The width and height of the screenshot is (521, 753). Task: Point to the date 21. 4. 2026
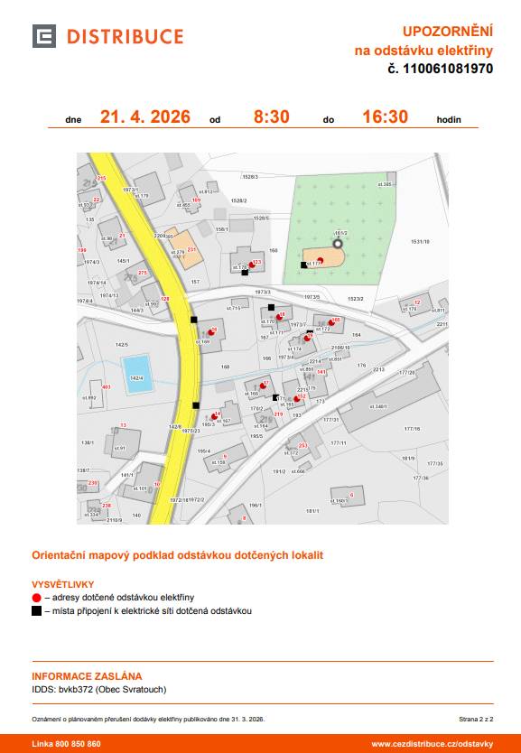point(144,116)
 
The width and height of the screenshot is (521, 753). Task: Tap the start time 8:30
point(271,116)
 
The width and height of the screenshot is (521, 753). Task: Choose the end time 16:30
point(385,116)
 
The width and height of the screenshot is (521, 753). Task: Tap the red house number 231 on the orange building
point(191,248)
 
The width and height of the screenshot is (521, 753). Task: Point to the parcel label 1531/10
point(421,242)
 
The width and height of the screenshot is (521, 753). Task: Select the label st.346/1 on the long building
point(378,406)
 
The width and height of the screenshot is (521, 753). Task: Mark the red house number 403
point(107,386)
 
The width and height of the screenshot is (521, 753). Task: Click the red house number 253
point(303,445)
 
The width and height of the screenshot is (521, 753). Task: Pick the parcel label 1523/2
point(356,298)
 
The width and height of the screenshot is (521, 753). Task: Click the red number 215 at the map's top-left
point(101,178)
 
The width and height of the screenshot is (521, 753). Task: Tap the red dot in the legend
point(36,598)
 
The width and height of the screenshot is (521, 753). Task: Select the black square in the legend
point(36,611)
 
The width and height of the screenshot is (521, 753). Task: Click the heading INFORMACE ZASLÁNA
point(87,675)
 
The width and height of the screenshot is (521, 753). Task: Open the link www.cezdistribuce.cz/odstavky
point(432,744)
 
